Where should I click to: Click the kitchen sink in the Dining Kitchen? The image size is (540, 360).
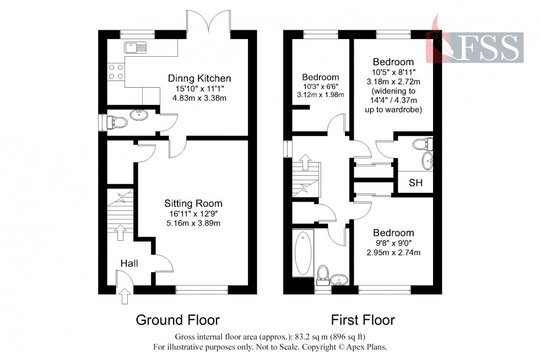click(x=134, y=47)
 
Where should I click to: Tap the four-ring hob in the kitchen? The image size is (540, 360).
click(x=116, y=71)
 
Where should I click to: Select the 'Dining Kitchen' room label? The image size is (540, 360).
click(x=199, y=78)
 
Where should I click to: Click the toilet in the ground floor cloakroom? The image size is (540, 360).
click(x=116, y=121)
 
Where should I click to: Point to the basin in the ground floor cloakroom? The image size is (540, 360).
click(x=138, y=115)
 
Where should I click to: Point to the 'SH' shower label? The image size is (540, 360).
click(x=416, y=183)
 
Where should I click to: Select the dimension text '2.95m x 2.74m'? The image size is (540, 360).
click(x=393, y=253)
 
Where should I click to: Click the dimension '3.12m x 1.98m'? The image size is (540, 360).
click(x=320, y=95)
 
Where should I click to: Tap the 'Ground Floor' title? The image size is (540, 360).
click(x=177, y=320)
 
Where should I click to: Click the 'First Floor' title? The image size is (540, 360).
click(x=363, y=320)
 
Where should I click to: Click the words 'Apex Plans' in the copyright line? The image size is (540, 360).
click(x=370, y=347)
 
